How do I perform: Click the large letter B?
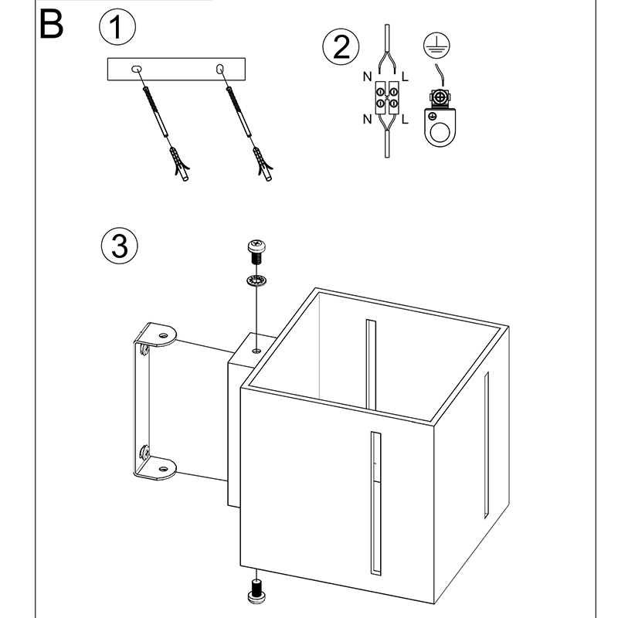(x=50, y=25)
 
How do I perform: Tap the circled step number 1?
(x=117, y=29)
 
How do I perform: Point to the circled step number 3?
(x=119, y=246)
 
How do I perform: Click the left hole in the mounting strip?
(x=138, y=70)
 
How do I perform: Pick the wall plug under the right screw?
(x=263, y=165)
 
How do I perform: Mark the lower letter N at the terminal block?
(x=366, y=119)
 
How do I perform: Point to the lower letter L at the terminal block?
(x=406, y=119)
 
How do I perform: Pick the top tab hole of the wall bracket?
(x=163, y=334)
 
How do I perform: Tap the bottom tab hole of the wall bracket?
(x=163, y=466)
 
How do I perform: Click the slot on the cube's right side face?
(x=487, y=444)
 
